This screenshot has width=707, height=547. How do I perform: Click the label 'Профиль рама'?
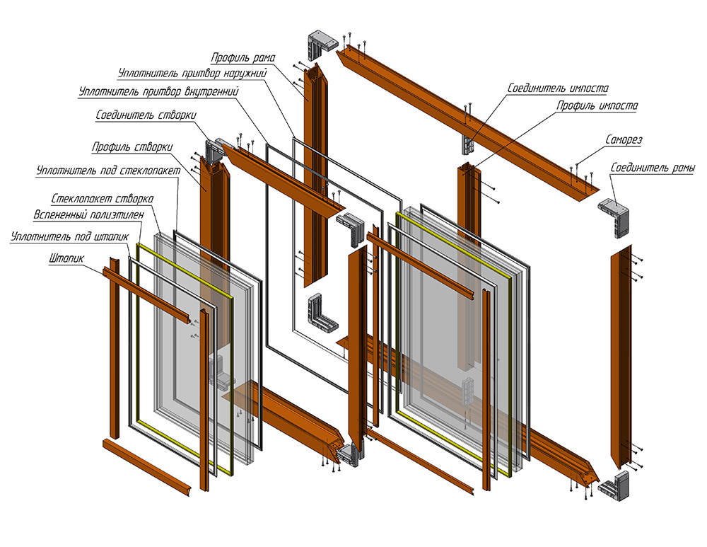[x=243, y=56]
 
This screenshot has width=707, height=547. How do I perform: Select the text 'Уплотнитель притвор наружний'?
[x=189, y=73]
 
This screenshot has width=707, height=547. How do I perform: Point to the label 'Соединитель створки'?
[x=145, y=115]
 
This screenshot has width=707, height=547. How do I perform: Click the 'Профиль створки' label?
[x=132, y=147]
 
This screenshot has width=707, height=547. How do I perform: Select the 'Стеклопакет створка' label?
[x=103, y=198]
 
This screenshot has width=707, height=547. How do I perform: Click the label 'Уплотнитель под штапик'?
[x=69, y=238]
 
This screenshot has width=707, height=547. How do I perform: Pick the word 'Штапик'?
[x=64, y=259]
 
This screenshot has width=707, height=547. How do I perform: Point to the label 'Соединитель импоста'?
[x=558, y=88]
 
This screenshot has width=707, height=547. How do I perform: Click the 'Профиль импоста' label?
[x=597, y=106]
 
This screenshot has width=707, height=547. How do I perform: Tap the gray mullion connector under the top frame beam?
[x=467, y=142]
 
